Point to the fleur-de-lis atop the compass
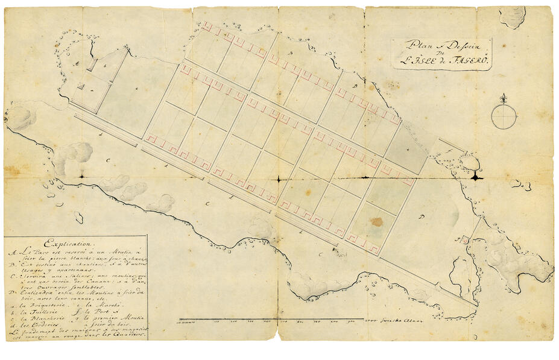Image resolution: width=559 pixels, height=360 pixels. pos(504,98)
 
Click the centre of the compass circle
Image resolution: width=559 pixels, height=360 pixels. pos(504,116)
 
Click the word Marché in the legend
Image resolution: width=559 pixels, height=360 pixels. pos(110,303)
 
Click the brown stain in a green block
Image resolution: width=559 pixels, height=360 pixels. pos(376,221)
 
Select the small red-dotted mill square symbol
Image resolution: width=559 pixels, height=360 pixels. pos(466,240)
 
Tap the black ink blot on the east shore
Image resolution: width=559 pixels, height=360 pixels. pos(476,177)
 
